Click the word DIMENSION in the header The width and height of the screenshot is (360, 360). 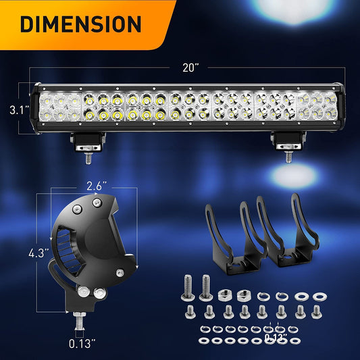point(80,24)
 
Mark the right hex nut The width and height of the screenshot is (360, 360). point(244,294)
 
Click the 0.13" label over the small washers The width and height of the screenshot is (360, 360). point(275,336)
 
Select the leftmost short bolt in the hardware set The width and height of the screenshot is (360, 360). point(191,310)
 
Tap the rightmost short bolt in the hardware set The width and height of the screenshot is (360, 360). point(314,310)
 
